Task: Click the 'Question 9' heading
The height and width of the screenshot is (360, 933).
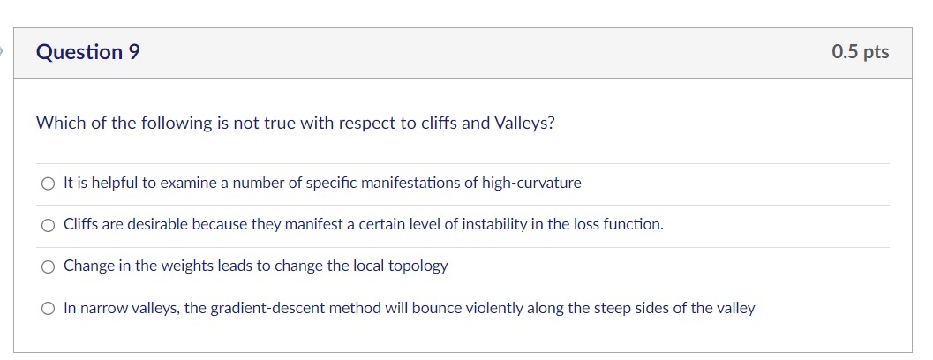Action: [x=88, y=52]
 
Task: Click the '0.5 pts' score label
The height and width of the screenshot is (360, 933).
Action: [x=861, y=52]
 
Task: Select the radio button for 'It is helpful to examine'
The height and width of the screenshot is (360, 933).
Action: [x=49, y=184]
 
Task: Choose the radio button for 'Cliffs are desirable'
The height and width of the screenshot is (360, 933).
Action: [x=49, y=226]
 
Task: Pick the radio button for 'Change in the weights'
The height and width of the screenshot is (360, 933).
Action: [x=49, y=267]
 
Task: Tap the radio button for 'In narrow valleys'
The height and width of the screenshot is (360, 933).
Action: [x=49, y=309]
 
